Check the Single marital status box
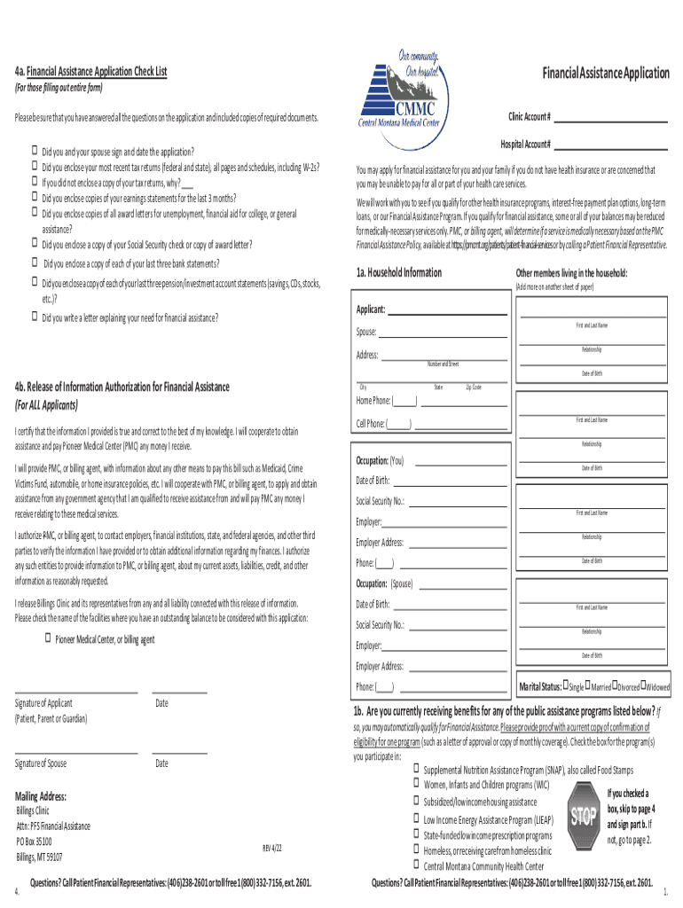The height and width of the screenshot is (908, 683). [x=565, y=685]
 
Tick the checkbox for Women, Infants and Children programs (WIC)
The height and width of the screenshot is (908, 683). [x=414, y=784]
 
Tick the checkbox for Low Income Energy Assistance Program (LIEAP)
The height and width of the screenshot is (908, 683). [x=414, y=818]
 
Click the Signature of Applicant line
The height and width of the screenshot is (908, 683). [x=75, y=691]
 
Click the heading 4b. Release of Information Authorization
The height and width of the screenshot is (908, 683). [x=122, y=387]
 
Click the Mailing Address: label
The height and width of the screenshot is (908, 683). [x=41, y=796]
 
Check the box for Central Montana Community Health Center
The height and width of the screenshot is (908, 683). [x=414, y=865]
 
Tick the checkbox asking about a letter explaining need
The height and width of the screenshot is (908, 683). [x=35, y=317]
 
